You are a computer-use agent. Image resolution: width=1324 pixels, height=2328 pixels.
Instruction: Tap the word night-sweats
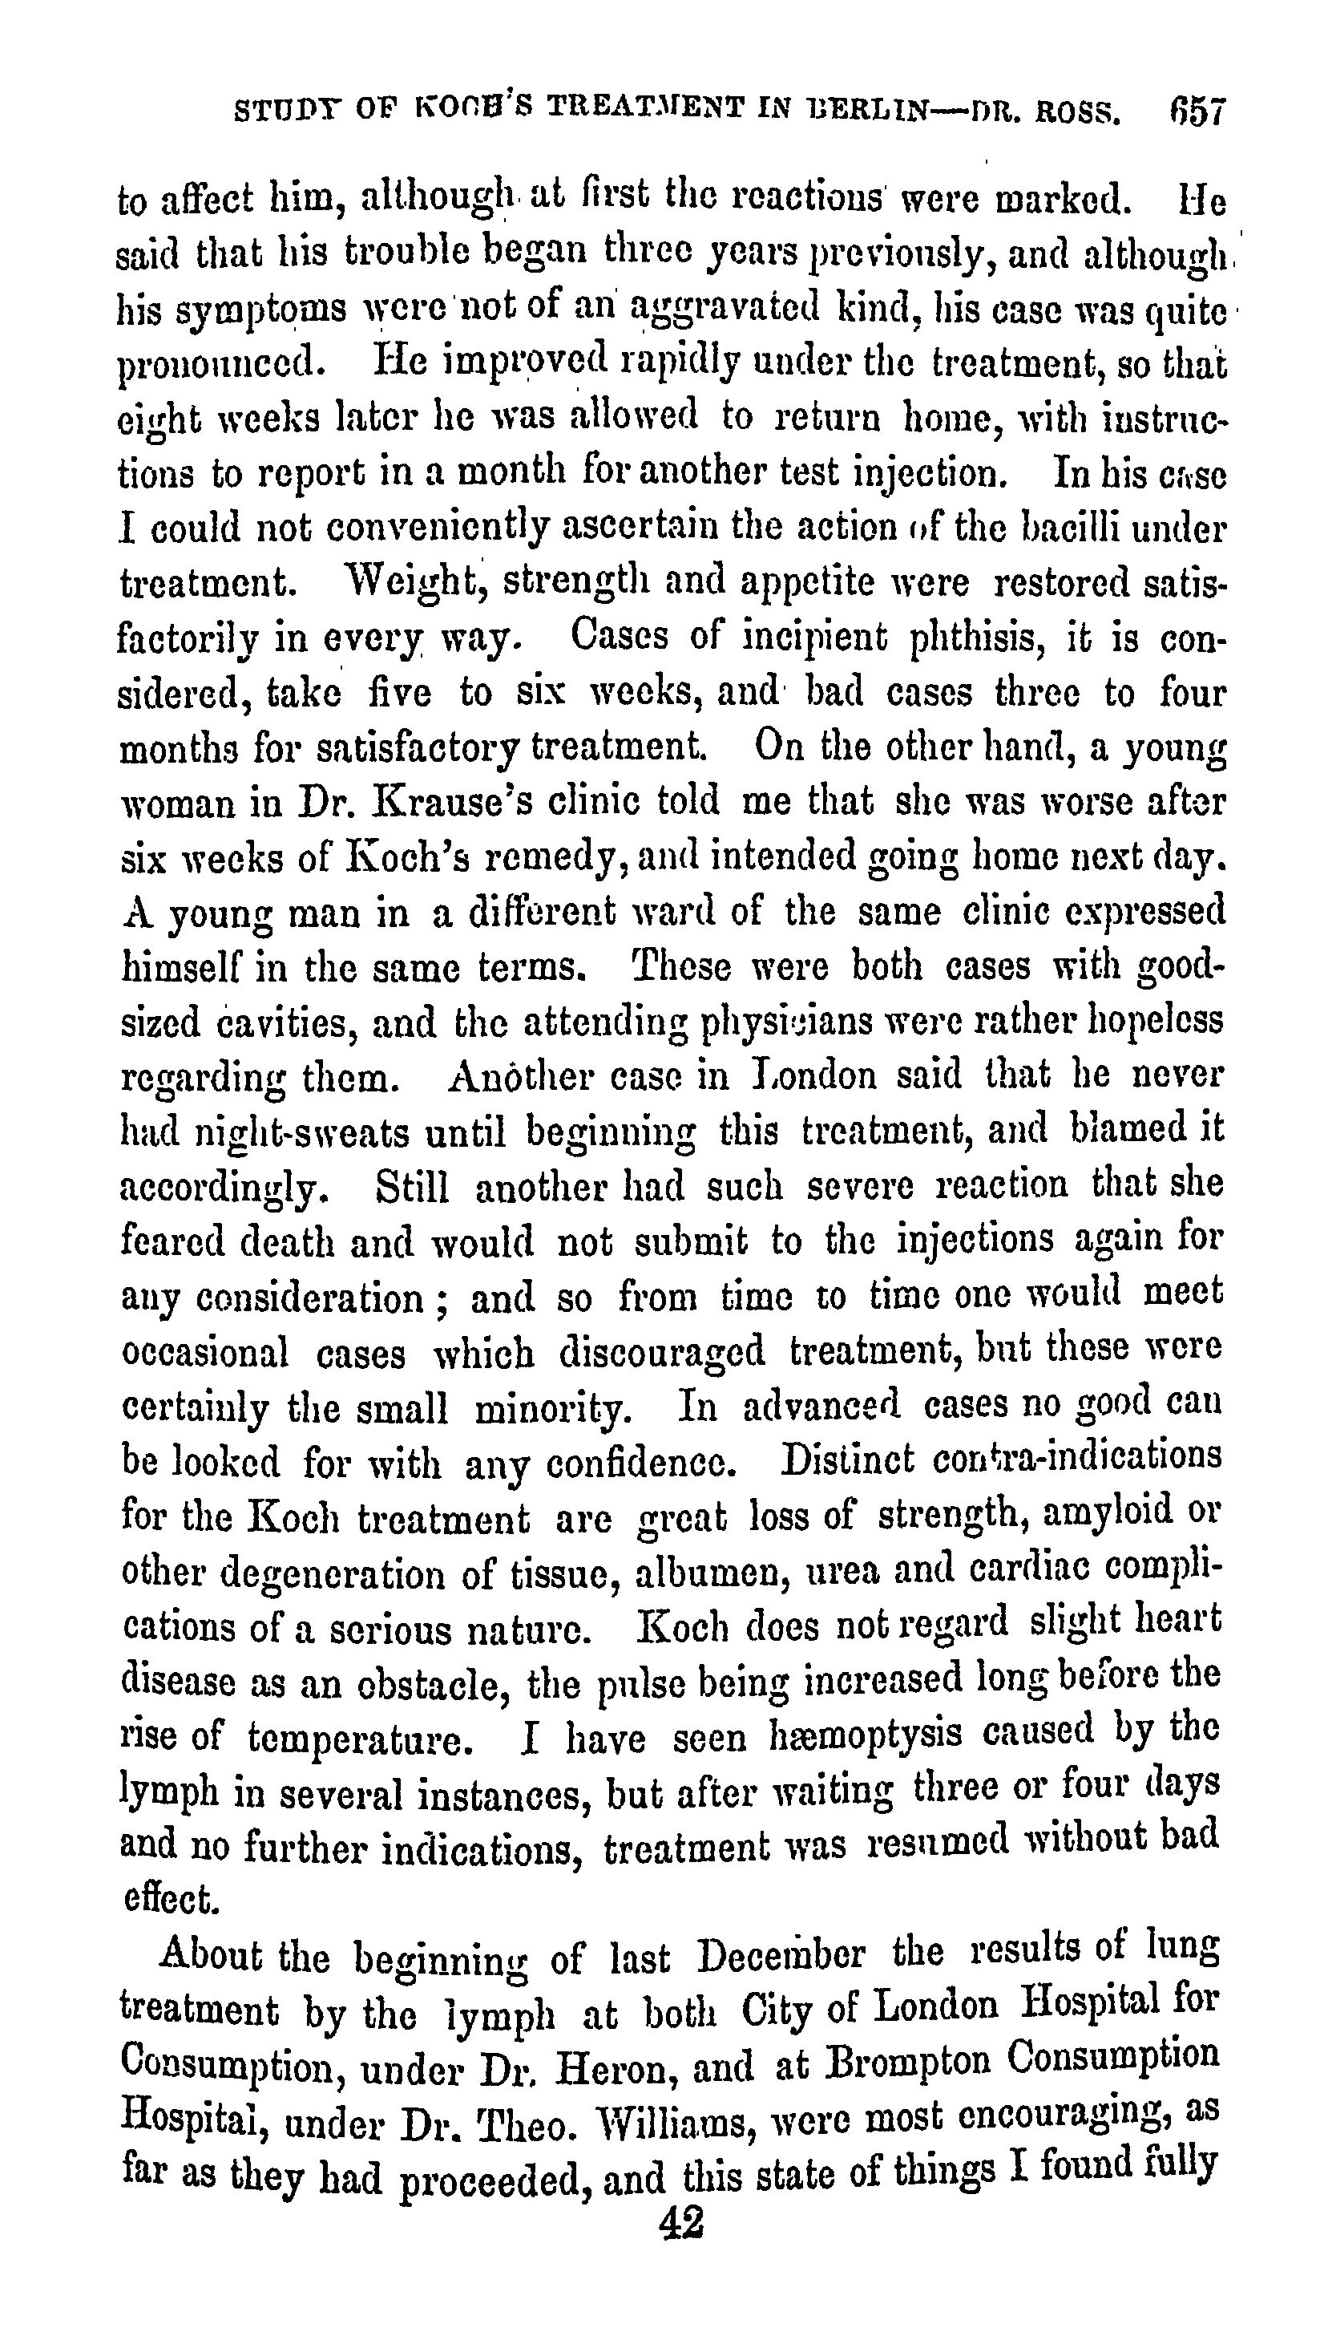click(311, 1132)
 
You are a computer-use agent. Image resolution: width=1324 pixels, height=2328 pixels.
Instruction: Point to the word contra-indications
click(1076, 1456)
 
